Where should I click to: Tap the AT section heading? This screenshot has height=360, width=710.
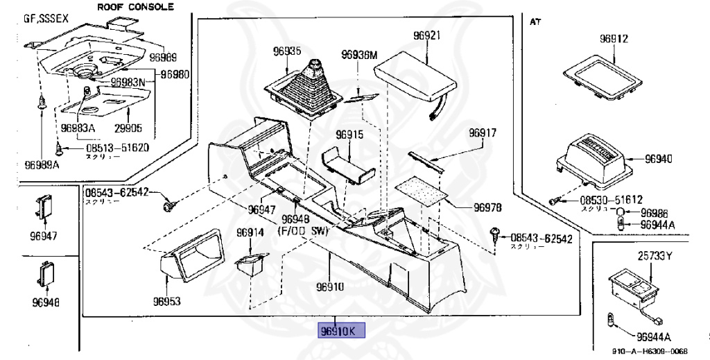(x=535, y=22)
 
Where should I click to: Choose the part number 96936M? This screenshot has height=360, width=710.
(x=358, y=54)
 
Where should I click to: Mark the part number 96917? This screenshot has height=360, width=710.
(x=483, y=132)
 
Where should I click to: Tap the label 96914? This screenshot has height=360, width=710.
(x=250, y=232)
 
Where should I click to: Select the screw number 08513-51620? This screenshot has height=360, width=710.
(x=116, y=148)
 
